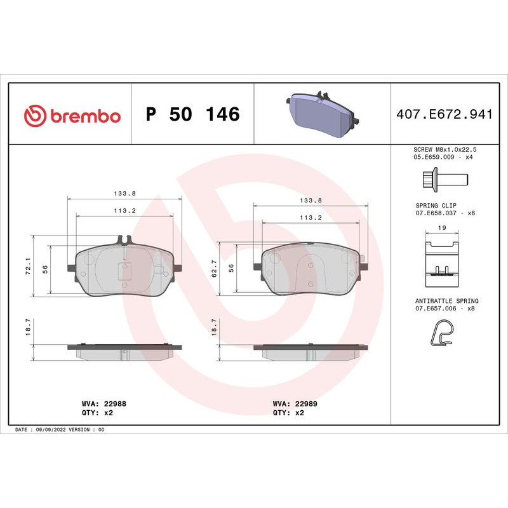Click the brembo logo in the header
[72, 116]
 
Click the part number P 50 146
[192, 115]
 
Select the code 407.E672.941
[444, 115]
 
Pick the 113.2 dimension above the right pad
[311, 217]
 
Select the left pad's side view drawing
[124, 351]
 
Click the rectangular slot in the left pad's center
[124, 272]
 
